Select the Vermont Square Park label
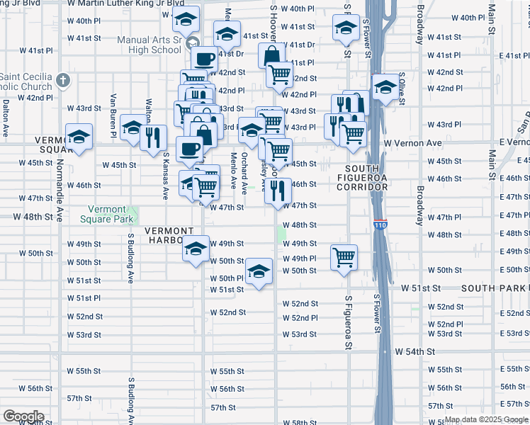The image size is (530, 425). click(111, 215)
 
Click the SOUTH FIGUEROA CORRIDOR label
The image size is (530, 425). click(361, 181)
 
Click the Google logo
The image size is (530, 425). click(23, 416)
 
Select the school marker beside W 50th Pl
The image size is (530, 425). click(259, 271)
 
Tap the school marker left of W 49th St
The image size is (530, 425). click(196, 247)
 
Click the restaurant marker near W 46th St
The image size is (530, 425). click(278, 189)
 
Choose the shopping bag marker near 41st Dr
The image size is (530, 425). click(271, 55)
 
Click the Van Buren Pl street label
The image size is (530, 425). click(113, 113)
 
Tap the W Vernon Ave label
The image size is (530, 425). click(412, 143)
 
